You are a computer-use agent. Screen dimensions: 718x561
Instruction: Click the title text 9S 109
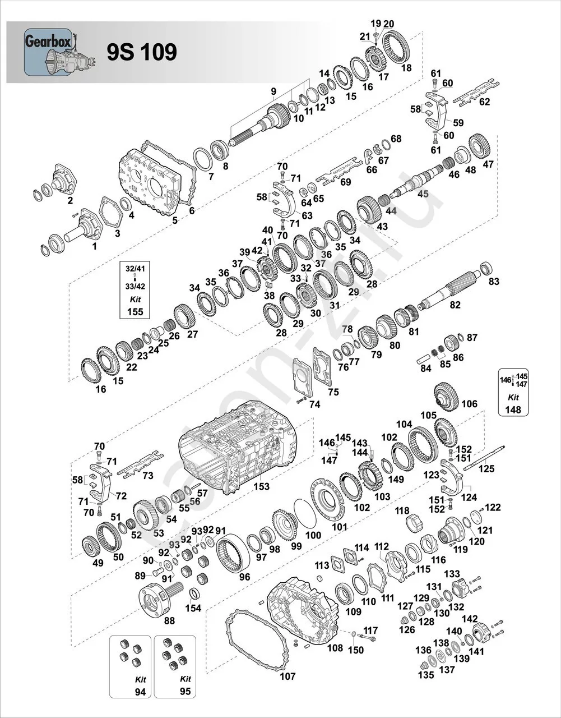click(142, 52)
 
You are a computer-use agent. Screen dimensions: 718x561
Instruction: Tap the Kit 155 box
click(135, 289)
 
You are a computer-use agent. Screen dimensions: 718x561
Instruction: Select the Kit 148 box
click(513, 392)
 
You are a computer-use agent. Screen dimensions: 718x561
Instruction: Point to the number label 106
click(469, 404)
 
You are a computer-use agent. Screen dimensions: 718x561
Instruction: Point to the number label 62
click(484, 102)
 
